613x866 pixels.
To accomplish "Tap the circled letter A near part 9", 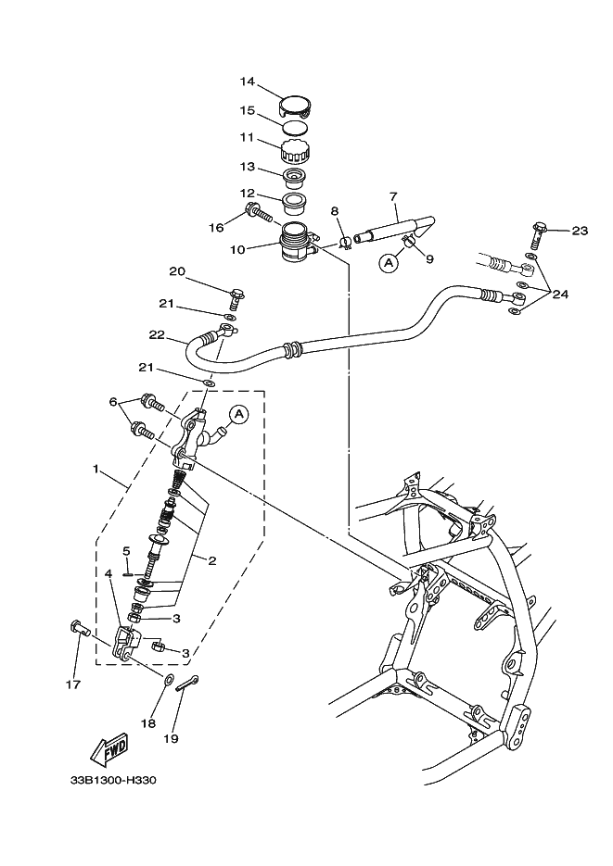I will coord(388,263).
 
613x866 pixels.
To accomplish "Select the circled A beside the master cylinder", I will coord(237,414).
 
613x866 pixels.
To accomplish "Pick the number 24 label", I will coord(560,295).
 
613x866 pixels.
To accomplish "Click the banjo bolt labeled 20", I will coord(236,298).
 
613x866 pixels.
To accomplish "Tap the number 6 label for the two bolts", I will coord(113,402).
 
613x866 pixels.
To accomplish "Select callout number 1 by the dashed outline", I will coord(96,470).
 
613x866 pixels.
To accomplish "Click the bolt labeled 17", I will coord(78,630).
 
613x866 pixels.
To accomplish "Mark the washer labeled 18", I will coord(168,682).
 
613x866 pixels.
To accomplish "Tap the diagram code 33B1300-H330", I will coord(113,780).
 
